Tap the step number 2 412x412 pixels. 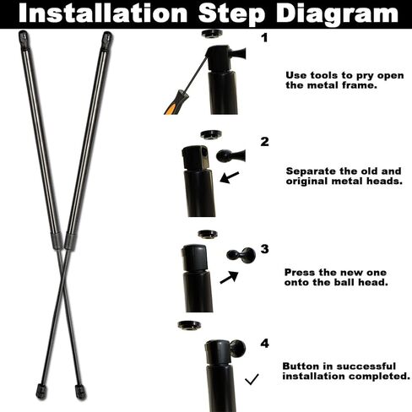[x=264, y=141]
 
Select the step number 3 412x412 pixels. [x=264, y=249]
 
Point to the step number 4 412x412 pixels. [x=264, y=344]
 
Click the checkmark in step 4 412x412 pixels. [x=251, y=380]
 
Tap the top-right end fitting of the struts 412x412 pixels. [x=107, y=39]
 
